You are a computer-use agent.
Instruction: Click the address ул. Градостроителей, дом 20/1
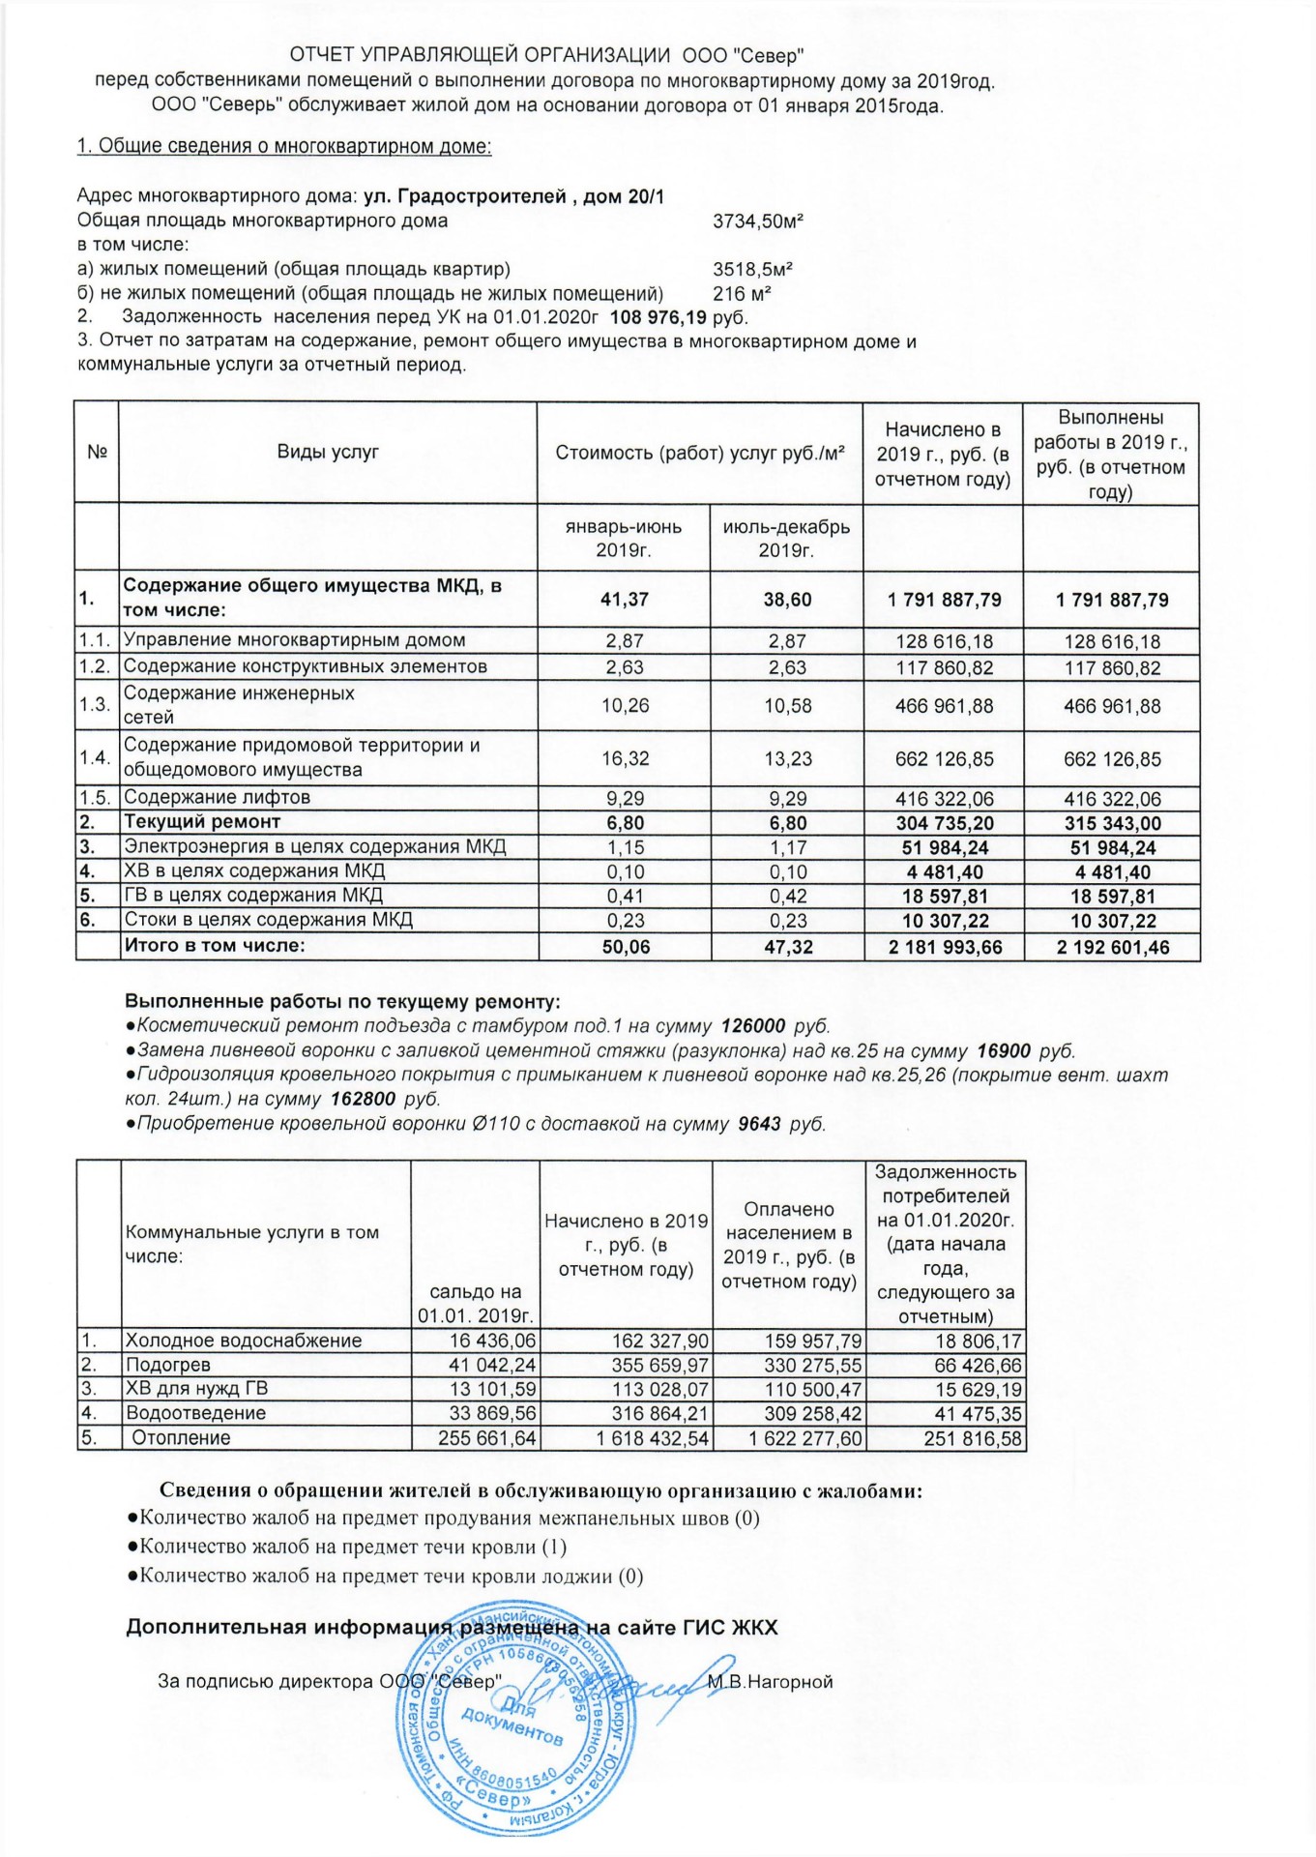point(513,196)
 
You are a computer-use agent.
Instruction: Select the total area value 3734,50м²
point(758,221)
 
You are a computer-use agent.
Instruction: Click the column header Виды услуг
point(328,452)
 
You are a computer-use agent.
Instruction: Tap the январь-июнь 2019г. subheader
point(624,538)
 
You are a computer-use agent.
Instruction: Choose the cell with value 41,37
point(624,600)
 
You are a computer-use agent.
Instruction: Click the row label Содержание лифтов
point(217,798)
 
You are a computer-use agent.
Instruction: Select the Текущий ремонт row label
point(202,822)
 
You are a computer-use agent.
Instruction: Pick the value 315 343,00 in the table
point(1112,823)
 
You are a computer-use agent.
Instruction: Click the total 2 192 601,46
point(1112,947)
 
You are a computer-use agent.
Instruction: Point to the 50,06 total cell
point(626,947)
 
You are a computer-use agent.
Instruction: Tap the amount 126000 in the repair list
point(753,1026)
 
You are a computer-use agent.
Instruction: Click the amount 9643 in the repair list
point(759,1124)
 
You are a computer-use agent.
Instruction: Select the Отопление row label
point(181,1437)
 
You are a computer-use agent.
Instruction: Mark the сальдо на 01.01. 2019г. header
point(475,1304)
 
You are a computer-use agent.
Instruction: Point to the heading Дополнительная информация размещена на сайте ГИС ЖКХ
point(452,1628)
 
